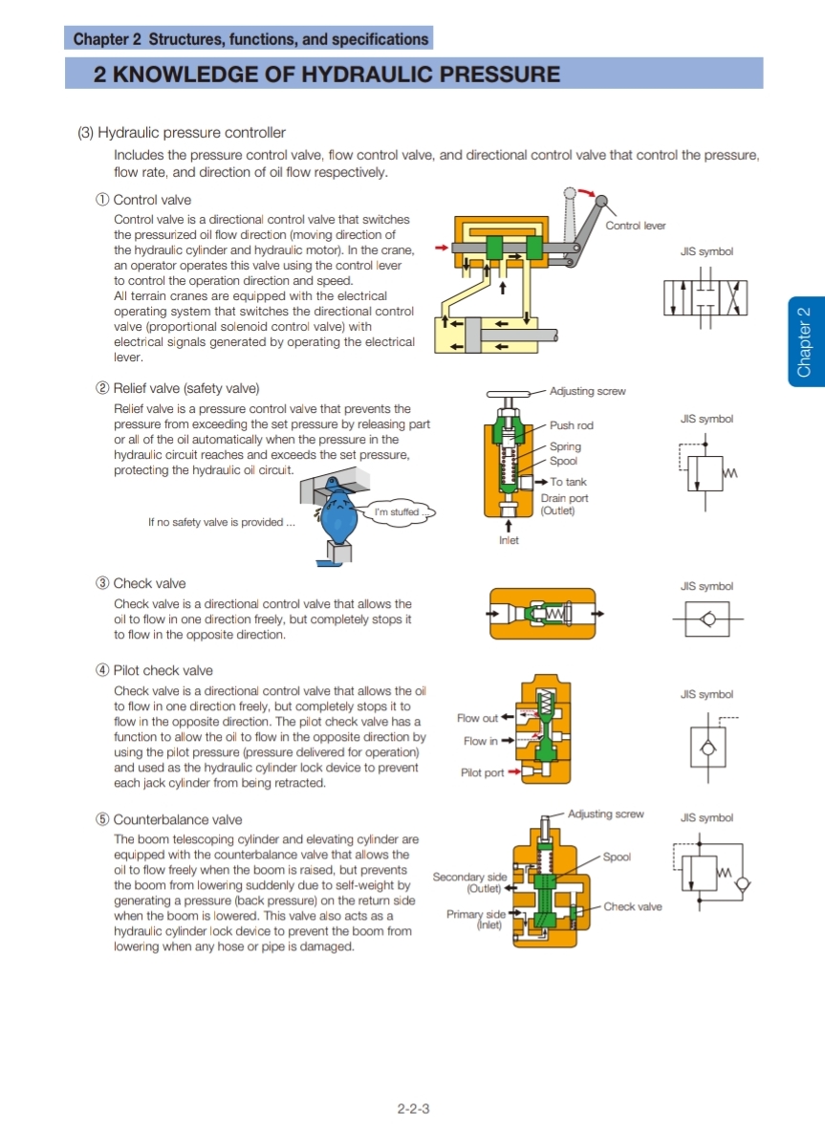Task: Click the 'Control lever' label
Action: pos(635,226)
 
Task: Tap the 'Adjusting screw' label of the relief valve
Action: pos(587,391)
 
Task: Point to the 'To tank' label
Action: pos(568,482)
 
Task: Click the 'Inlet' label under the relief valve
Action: pos(509,541)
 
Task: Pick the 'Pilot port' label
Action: pos(483,772)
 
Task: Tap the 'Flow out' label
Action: pos(477,718)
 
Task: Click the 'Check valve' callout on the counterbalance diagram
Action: pos(632,906)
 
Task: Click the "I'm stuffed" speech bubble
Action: pos(397,512)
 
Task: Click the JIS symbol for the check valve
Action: pos(706,619)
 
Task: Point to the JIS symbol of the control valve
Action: pos(706,297)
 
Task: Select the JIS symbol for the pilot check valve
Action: pos(707,746)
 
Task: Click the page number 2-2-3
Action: pos(413,1109)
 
